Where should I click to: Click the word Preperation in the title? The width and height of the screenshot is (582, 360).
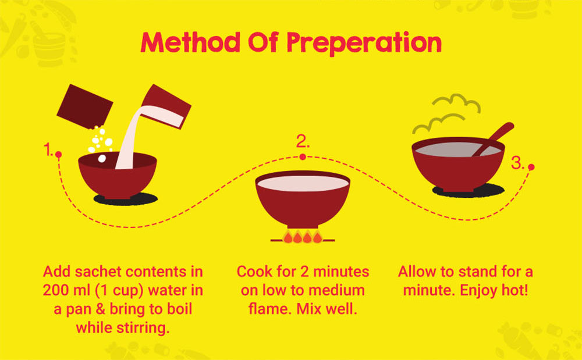pos(364,43)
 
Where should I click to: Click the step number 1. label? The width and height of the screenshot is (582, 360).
pos(48,150)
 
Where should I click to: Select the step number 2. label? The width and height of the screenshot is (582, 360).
pos(303,141)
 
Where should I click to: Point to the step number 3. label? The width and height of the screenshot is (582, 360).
pos(517,163)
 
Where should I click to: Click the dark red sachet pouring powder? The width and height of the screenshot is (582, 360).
pos(84,106)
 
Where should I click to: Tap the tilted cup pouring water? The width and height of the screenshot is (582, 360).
pos(165,107)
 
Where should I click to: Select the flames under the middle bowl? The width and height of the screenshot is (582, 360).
pos(303,237)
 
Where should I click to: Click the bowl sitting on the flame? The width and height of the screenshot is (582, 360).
pos(303,199)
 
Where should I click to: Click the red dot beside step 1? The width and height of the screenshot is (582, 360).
pos(58,154)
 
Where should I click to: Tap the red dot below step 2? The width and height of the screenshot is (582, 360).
pos(303,157)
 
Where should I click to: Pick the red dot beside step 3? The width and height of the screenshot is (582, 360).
pos(531,167)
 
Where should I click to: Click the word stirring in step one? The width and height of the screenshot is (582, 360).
pos(143,329)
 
